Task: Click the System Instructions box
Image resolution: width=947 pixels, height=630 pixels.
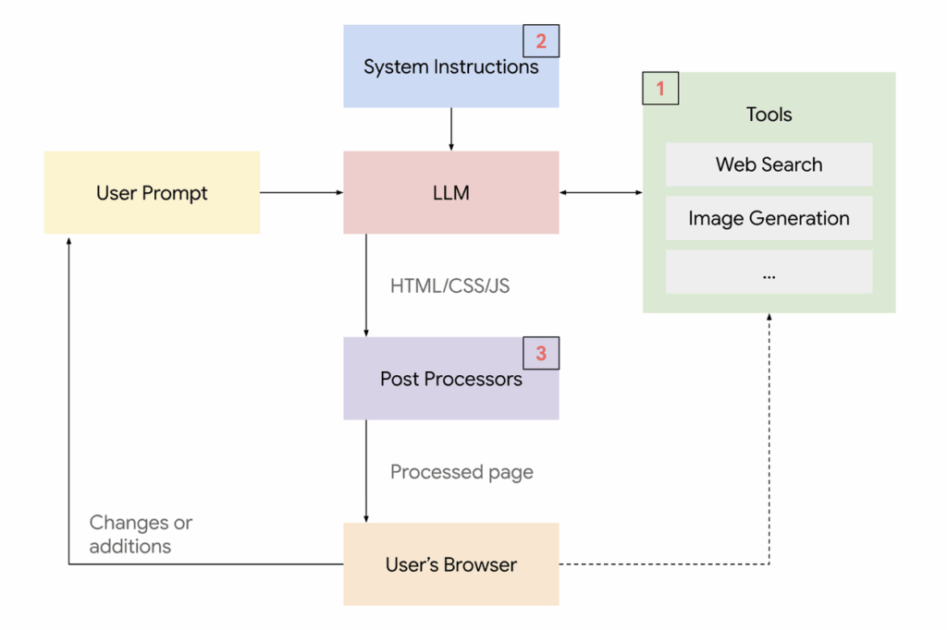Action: pyautogui.click(x=450, y=67)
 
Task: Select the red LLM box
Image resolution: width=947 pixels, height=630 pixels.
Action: pyautogui.click(x=450, y=193)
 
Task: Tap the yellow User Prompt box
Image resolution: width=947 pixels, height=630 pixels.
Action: pyautogui.click(x=152, y=193)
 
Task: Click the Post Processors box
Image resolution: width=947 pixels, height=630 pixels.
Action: pyautogui.click(x=450, y=379)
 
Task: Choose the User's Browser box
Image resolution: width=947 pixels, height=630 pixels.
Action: pyautogui.click(x=450, y=564)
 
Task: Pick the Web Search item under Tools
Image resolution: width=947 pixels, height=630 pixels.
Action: pyautogui.click(x=769, y=164)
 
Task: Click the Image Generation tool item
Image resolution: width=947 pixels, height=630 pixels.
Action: pyautogui.click(x=769, y=218)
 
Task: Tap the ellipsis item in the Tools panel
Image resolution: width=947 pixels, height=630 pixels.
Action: pyautogui.click(x=769, y=273)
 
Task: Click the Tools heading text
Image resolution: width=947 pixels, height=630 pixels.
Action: pyautogui.click(x=769, y=115)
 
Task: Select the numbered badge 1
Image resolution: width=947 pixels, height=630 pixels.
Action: pyautogui.click(x=660, y=89)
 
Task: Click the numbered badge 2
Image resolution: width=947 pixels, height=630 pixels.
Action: pyautogui.click(x=541, y=42)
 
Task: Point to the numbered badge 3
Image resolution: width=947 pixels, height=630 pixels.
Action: pyautogui.click(x=541, y=353)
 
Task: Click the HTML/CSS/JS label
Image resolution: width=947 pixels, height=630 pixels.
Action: pyautogui.click(x=449, y=285)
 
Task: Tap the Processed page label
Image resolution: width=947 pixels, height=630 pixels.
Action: pyautogui.click(x=461, y=472)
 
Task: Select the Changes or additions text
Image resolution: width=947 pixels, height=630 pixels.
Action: pyautogui.click(x=141, y=534)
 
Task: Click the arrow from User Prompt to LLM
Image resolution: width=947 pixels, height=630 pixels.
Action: pyautogui.click(x=301, y=193)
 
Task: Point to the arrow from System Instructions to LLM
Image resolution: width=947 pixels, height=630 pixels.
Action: pyautogui.click(x=450, y=129)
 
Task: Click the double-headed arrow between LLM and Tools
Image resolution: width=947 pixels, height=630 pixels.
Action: pyautogui.click(x=601, y=193)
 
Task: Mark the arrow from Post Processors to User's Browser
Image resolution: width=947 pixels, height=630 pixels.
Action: pyautogui.click(x=366, y=471)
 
